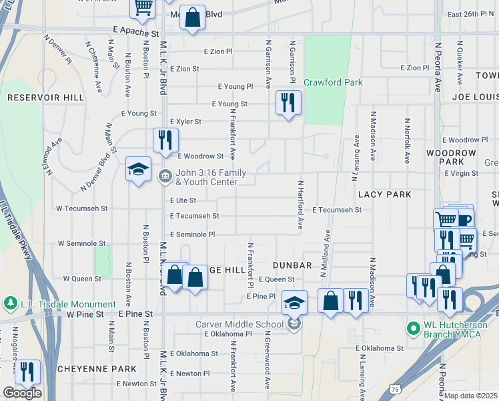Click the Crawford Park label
(x=333, y=83)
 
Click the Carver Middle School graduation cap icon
(x=294, y=302)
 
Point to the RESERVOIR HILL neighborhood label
(x=45, y=98)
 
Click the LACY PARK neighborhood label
(x=384, y=194)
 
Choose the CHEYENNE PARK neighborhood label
(x=88, y=369)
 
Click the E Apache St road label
(x=136, y=31)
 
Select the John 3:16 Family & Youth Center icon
(x=164, y=177)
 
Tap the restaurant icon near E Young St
(x=288, y=102)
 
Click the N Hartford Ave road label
(x=301, y=205)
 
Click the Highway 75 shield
(x=396, y=388)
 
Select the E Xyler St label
(x=185, y=122)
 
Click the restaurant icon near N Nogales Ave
(x=27, y=372)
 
